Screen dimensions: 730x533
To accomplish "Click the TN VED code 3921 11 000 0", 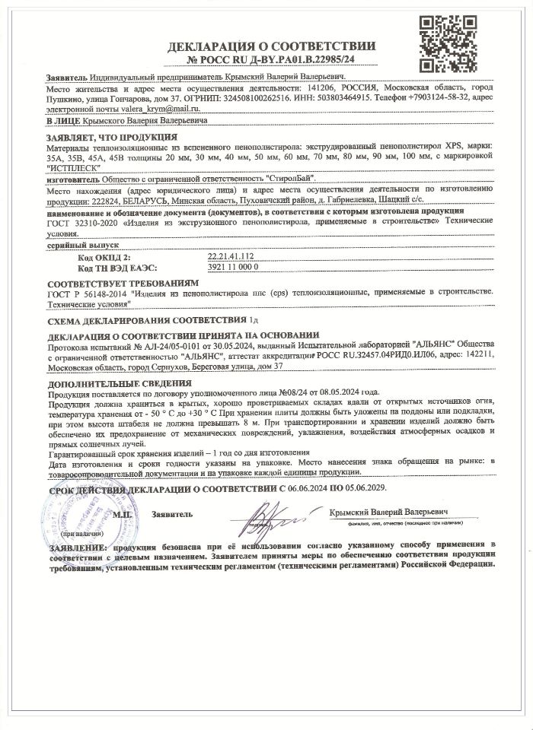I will coord(234,268).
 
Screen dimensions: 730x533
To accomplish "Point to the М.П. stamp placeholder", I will coord(123,515).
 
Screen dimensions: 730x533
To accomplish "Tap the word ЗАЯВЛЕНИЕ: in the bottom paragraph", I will coord(75,546).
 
